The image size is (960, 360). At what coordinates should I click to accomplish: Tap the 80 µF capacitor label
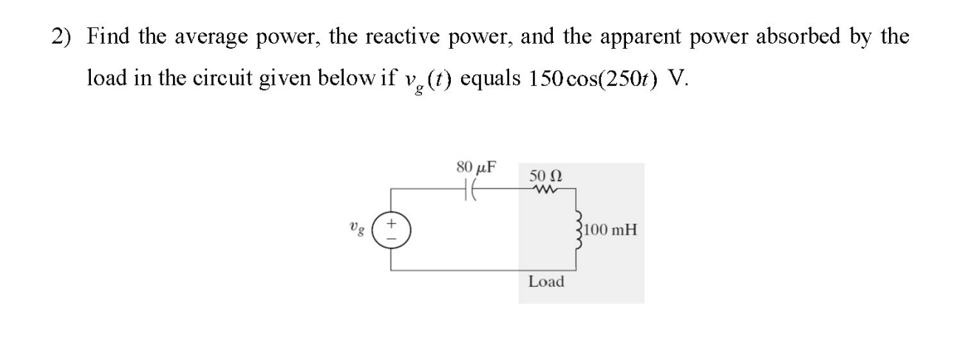(x=476, y=167)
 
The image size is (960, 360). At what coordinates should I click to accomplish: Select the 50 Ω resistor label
(x=546, y=176)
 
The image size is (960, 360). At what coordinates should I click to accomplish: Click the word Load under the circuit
(x=546, y=282)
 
